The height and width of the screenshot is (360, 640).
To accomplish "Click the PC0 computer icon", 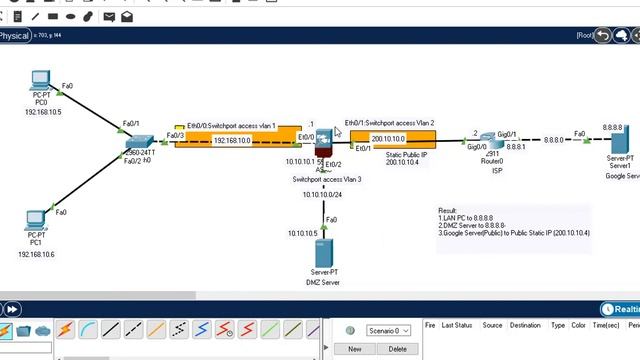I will [x=41, y=81].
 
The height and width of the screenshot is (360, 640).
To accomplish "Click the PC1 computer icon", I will [x=37, y=219].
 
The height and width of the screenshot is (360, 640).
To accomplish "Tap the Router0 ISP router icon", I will [x=491, y=141].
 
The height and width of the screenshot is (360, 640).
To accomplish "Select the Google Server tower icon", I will [x=620, y=144].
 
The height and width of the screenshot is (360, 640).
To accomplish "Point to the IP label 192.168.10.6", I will [x=36, y=255].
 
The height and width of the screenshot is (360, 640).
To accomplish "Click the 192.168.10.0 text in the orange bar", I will [x=232, y=141].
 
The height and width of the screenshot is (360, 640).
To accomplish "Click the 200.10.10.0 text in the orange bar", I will [x=388, y=139].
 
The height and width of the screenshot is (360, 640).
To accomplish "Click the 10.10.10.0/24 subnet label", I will [x=323, y=195].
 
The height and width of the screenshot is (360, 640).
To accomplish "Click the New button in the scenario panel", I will [x=354, y=349].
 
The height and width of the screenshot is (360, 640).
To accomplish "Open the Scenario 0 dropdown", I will [x=388, y=330].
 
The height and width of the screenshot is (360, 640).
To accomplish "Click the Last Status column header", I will [x=457, y=325].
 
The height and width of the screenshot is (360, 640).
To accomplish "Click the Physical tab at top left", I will [x=15, y=36].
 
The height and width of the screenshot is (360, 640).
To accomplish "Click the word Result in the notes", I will [x=447, y=211].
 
